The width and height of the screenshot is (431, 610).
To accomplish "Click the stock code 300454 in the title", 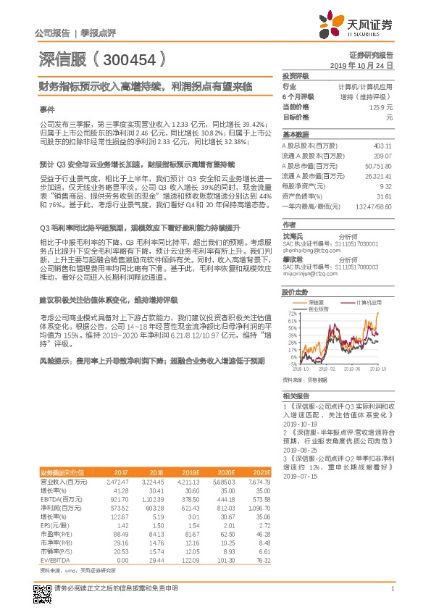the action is (130, 59).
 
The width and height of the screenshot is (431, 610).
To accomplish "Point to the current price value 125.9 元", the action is (380, 106).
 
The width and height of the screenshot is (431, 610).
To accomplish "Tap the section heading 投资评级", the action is (296, 75).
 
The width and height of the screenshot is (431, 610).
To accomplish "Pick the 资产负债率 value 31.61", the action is (385, 196).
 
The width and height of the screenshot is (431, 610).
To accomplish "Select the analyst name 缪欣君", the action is (291, 258).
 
